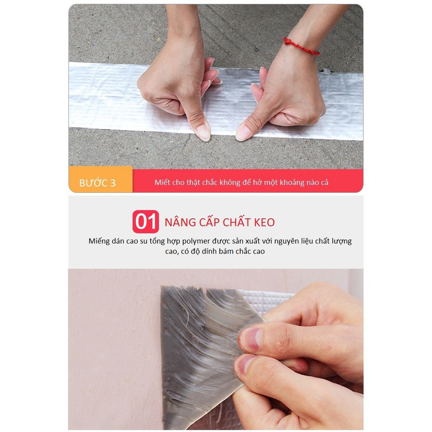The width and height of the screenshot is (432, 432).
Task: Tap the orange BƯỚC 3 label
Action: [100, 181]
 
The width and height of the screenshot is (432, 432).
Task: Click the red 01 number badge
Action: [146, 222]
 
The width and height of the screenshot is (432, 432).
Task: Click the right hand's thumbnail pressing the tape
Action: [243, 133]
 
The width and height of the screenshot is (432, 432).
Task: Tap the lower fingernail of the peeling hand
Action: [245, 364]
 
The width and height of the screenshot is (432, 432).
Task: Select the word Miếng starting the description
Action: [99, 241]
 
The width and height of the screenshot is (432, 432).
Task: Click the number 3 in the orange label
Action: [113, 183]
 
